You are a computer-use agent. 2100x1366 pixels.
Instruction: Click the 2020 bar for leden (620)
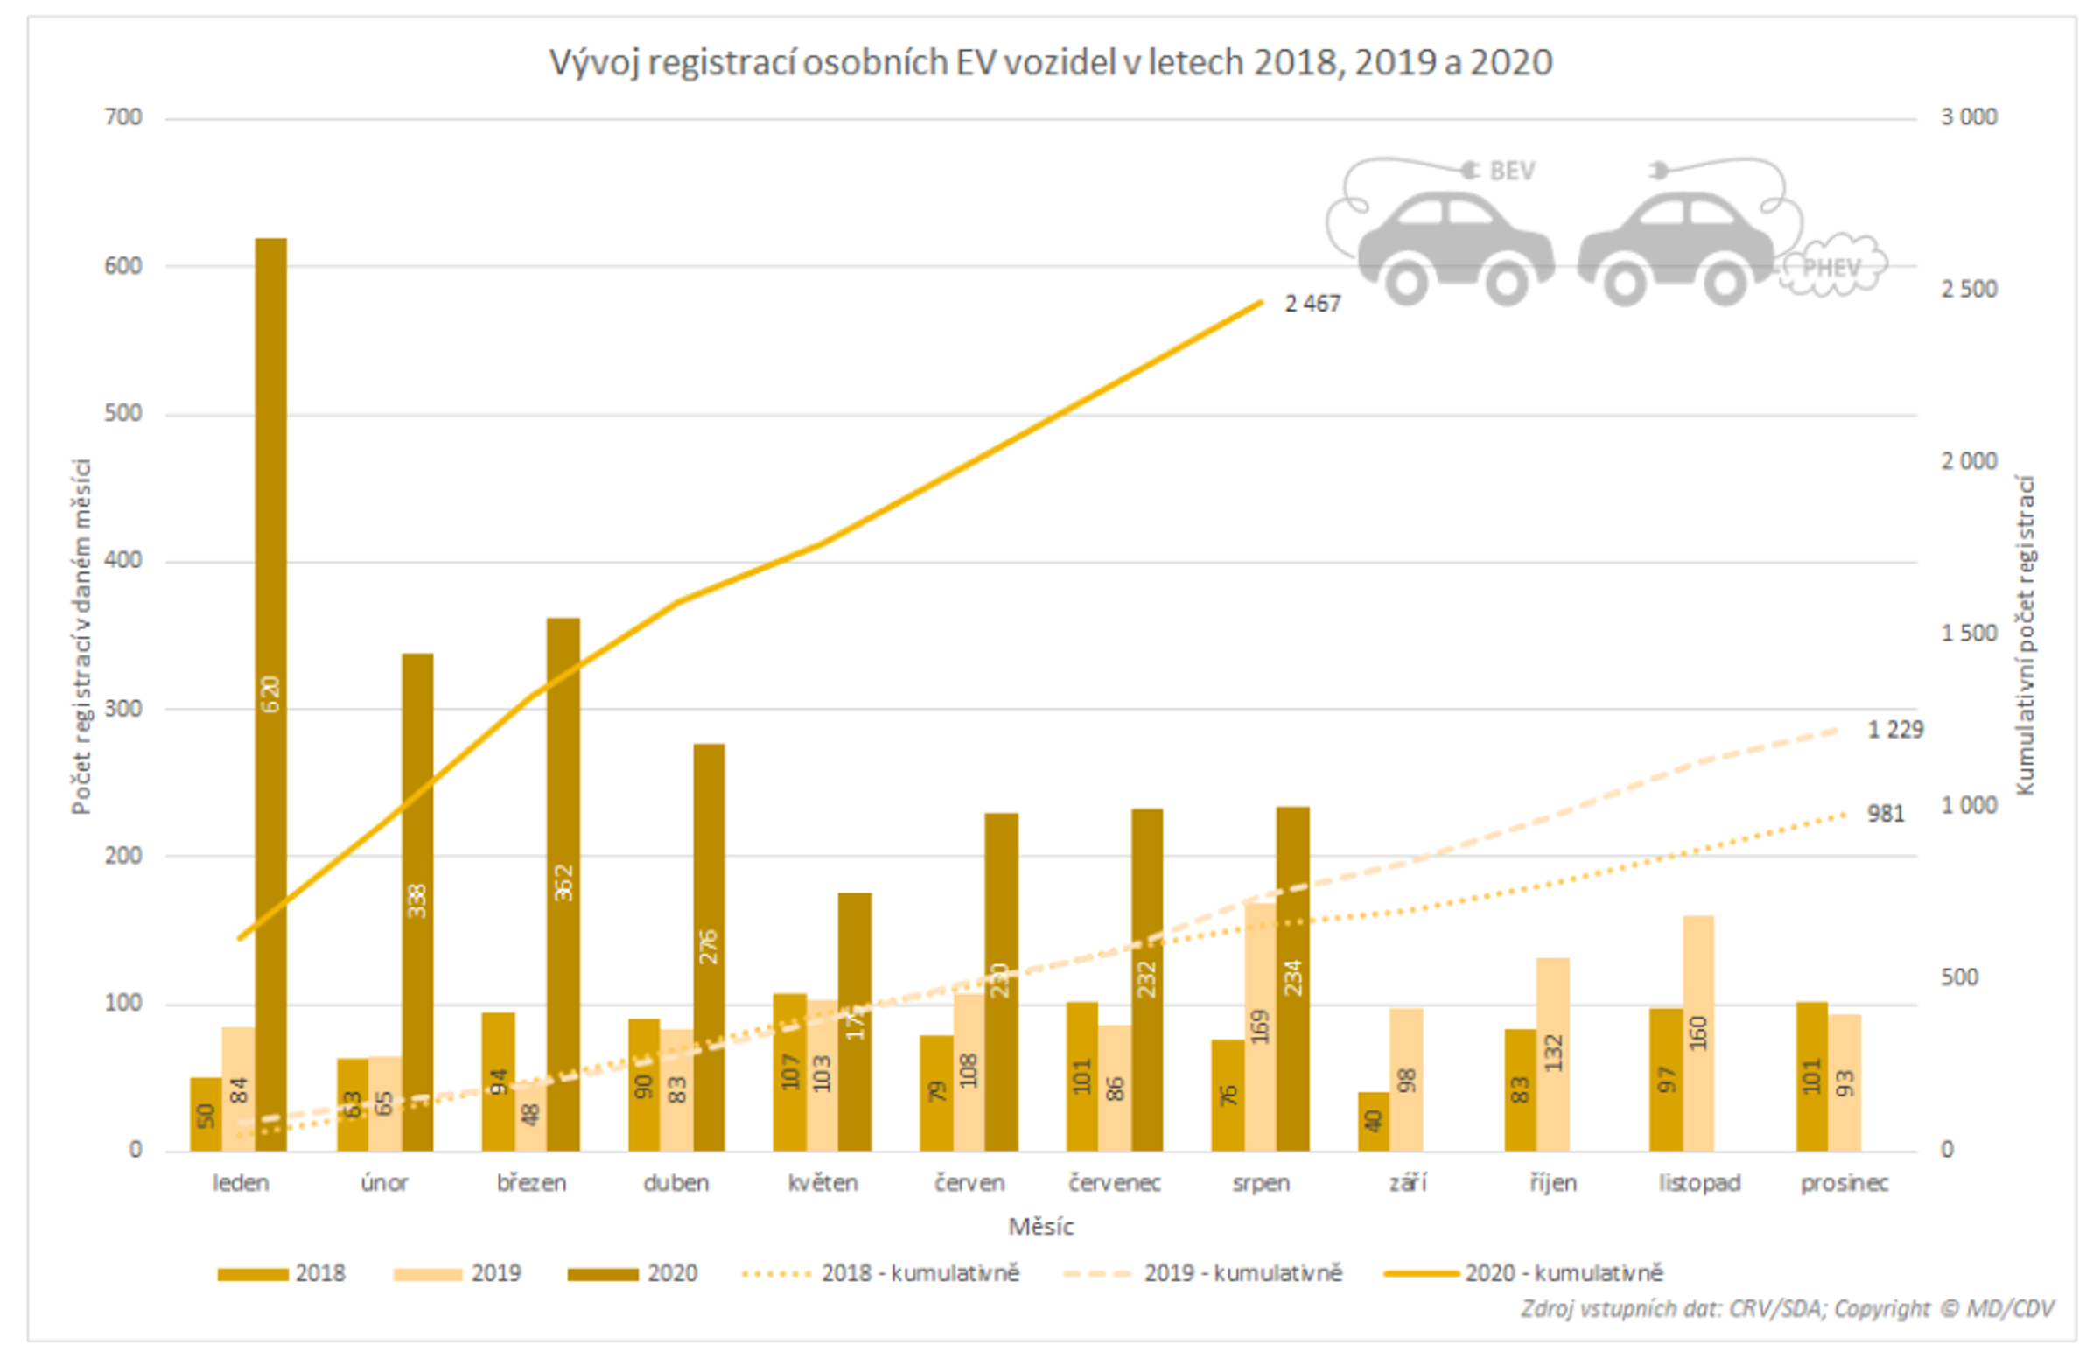pos(271,694)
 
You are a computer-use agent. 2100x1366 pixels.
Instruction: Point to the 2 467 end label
pos(1312,304)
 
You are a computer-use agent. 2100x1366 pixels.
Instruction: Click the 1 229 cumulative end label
pos(1894,730)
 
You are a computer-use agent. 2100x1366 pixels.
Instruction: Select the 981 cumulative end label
pos(1885,814)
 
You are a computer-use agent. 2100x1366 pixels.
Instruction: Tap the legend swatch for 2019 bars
pos(427,1273)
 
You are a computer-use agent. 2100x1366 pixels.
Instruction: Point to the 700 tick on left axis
pos(122,117)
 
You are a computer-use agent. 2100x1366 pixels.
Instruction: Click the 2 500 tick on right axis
pos(1968,290)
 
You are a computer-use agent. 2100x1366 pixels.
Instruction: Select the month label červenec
pos(1114,1182)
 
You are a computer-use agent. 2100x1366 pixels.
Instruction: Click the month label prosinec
pos(1844,1182)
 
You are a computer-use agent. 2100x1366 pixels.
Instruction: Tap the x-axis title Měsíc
pos(1041,1227)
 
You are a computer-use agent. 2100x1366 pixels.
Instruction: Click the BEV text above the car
pos(1512,171)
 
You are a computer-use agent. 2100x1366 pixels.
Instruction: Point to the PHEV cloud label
pos(1830,267)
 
